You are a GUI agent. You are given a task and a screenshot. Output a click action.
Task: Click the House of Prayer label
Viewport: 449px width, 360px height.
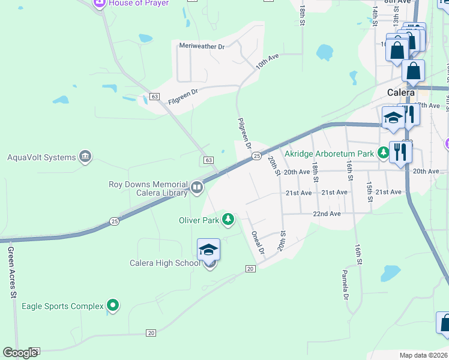click(139, 3)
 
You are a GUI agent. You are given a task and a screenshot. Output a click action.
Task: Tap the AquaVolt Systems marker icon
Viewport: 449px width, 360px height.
click(85, 157)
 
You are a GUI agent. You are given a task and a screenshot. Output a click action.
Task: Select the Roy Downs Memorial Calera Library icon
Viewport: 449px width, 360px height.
click(196, 188)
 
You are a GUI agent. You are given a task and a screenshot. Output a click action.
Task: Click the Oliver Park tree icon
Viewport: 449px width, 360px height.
click(228, 220)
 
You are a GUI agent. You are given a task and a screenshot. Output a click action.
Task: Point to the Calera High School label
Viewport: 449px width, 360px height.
click(165, 263)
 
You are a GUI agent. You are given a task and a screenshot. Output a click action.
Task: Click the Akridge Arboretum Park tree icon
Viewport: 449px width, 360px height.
click(383, 153)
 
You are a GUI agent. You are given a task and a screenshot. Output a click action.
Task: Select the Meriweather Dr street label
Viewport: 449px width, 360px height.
click(202, 46)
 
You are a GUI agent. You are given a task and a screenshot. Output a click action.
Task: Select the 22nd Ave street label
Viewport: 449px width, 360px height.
click(327, 214)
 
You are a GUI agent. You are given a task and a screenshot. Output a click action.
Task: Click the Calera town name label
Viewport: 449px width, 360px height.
click(401, 93)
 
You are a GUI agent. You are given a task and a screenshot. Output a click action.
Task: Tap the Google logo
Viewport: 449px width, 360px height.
click(20, 353)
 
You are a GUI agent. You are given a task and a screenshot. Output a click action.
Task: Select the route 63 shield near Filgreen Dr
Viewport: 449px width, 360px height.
click(155, 97)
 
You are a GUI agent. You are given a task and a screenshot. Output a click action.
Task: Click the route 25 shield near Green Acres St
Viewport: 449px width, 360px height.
click(115, 221)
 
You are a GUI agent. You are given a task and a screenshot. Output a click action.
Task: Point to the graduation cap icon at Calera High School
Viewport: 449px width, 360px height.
click(208, 249)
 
